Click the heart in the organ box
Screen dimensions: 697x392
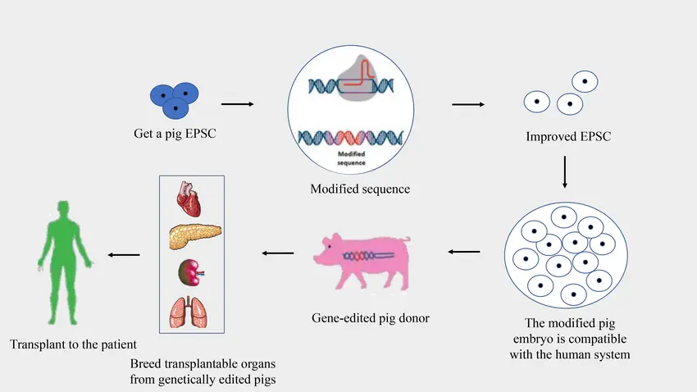pyautogui.click(x=189, y=198)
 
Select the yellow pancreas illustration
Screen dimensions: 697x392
pyautogui.click(x=195, y=236)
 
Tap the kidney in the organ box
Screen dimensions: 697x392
pyautogui.click(x=191, y=272)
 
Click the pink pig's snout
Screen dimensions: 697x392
pyautogui.click(x=317, y=258)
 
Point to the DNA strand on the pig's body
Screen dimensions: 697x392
pyautogui.click(x=368, y=256)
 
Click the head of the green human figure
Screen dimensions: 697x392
pyautogui.click(x=64, y=209)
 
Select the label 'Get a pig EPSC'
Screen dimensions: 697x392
pyautogui.click(x=175, y=134)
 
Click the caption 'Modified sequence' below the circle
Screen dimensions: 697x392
pyautogui.click(x=360, y=189)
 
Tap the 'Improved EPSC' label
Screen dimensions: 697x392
pyautogui.click(x=568, y=136)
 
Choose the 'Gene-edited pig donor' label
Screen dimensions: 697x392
pyautogui.click(x=371, y=318)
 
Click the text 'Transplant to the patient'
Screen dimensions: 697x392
pyautogui.click(x=73, y=344)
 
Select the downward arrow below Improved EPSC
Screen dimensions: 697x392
pyautogui.click(x=565, y=172)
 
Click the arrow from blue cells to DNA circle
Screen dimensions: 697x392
pyautogui.click(x=237, y=104)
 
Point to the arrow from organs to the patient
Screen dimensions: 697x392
pyautogui.click(x=124, y=255)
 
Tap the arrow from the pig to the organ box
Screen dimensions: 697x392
pyautogui.click(x=278, y=253)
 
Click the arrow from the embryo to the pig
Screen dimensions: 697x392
pyautogui.click(x=464, y=252)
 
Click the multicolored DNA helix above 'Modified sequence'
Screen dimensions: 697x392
pyautogui.click(x=351, y=138)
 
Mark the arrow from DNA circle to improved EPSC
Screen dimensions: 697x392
pyautogui.click(x=468, y=104)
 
